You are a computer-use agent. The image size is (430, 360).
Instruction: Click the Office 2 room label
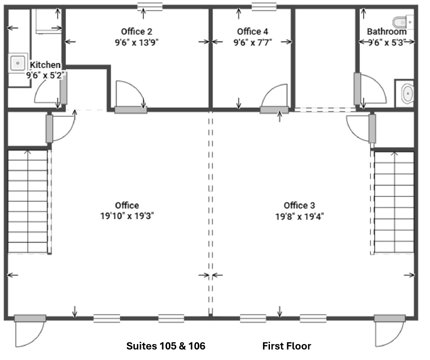pos(136,31)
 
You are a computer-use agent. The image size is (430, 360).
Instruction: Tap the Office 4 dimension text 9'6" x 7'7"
pos(253,42)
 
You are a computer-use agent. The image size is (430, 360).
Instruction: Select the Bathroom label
pos(387,31)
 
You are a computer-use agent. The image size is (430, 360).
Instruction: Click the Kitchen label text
pos(45,65)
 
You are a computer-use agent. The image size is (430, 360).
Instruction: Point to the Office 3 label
pos(299,205)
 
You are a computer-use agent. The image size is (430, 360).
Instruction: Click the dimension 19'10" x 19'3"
pos(127,216)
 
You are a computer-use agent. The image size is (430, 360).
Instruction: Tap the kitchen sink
pos(18,63)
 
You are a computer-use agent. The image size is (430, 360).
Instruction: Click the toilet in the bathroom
pos(403,22)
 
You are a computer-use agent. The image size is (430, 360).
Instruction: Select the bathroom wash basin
pos(408,93)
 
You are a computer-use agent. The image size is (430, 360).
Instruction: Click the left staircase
pos(28,201)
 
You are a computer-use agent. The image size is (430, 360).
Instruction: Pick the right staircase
pos(394,202)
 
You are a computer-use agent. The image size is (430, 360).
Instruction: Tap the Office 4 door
pos(275,98)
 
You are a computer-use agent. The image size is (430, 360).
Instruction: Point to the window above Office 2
pos(150,6)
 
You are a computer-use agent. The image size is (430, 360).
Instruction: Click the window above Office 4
pos(264,6)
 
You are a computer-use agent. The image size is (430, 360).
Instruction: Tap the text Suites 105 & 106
pos(166,346)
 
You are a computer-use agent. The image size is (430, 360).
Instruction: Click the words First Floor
pos(286,346)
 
